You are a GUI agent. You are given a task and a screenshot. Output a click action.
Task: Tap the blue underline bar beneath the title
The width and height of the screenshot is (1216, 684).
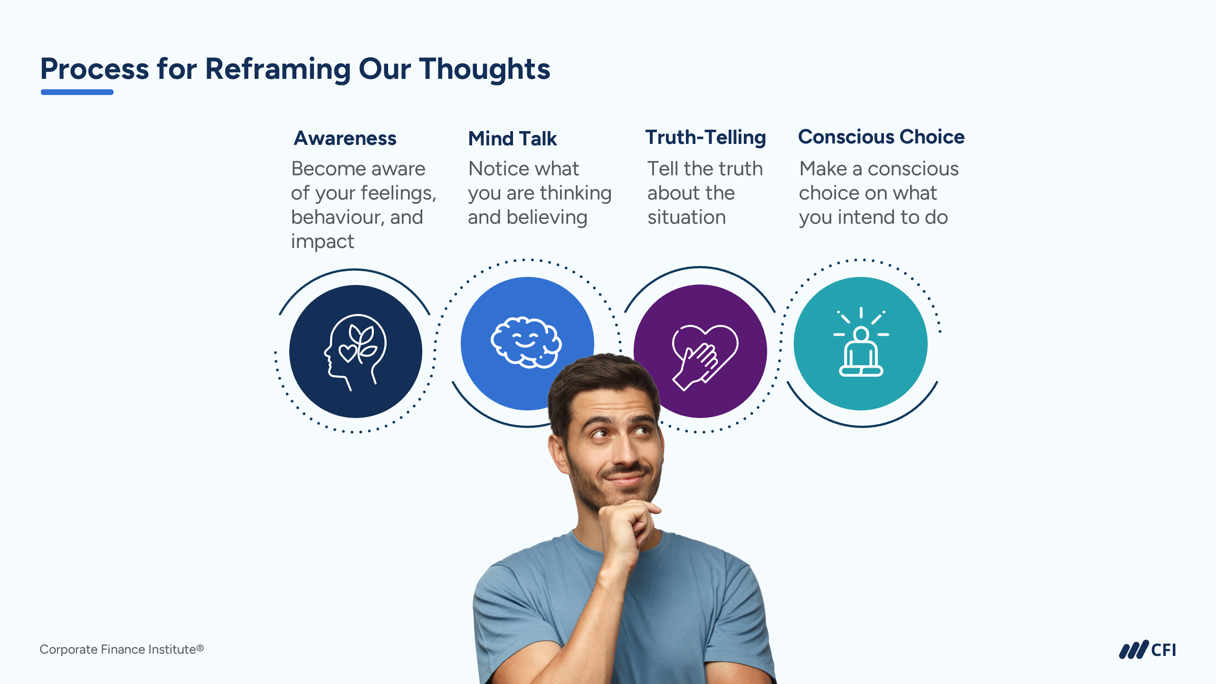click(x=77, y=92)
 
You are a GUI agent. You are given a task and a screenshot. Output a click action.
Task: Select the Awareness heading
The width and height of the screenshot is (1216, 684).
click(x=345, y=138)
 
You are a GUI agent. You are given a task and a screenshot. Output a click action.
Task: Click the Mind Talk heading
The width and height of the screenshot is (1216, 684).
click(x=513, y=138)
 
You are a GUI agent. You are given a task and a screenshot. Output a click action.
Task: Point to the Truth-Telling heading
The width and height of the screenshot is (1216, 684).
click(x=706, y=137)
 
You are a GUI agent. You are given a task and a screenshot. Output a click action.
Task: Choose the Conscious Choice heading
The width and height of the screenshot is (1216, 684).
click(x=882, y=137)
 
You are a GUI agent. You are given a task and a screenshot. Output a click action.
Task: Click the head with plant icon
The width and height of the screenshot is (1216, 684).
click(x=355, y=352)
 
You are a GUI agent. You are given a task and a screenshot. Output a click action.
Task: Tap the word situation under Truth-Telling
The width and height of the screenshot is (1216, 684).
click(x=687, y=218)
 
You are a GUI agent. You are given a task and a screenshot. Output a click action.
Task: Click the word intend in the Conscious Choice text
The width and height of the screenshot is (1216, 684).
click(x=866, y=218)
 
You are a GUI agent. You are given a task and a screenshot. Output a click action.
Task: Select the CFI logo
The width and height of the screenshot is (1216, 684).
click(x=1148, y=650)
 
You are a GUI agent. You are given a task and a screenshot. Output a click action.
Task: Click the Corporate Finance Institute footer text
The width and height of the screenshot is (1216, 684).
click(x=122, y=649)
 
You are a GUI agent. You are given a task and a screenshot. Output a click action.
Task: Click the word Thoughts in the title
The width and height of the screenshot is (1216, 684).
click(x=484, y=69)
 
